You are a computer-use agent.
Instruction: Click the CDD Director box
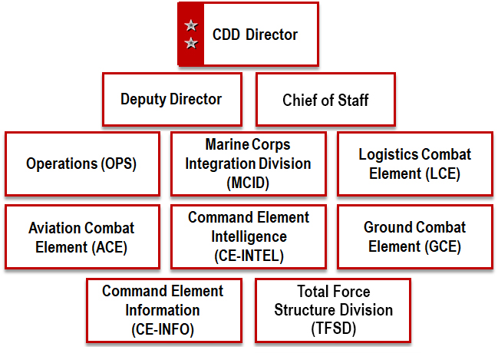248,35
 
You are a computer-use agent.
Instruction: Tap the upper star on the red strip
191,26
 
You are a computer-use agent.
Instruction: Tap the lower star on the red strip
191,44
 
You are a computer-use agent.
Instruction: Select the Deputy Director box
171,99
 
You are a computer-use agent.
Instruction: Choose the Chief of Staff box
325,100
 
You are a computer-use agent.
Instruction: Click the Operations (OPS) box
81,163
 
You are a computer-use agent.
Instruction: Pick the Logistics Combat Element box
414,163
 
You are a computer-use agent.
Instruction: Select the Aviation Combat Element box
81,237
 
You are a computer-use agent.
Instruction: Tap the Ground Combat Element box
414,237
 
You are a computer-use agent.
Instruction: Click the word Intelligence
248,236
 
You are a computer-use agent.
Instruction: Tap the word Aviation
54,228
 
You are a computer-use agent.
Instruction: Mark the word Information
162,309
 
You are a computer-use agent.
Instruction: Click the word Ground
388,228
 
